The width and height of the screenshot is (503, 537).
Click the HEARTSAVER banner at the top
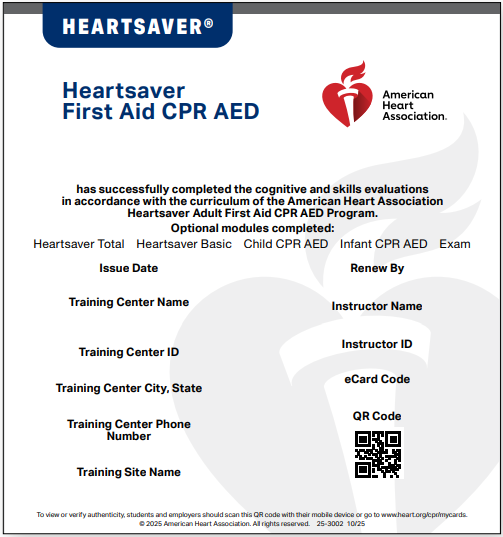137,26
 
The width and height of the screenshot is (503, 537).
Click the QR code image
377,454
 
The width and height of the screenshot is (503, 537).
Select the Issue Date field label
128,268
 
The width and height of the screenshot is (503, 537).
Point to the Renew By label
377,268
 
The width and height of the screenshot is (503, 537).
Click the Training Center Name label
128,302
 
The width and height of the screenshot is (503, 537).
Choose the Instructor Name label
377,306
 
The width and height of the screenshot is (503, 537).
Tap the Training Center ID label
128,352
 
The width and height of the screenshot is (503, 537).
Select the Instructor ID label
377,344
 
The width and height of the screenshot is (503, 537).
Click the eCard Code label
377,379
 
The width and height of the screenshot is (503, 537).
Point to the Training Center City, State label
128,388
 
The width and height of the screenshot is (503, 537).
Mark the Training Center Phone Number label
128,430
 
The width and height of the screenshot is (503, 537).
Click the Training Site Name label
128,472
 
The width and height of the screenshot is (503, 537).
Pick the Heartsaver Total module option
79,244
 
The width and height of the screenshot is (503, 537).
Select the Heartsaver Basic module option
183,244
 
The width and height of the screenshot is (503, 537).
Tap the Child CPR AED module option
285,244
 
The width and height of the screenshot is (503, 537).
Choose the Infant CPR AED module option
383,244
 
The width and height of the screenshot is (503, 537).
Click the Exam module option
455,244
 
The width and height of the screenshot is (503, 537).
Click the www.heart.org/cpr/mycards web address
424,514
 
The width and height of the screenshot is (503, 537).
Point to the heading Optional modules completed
251,229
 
